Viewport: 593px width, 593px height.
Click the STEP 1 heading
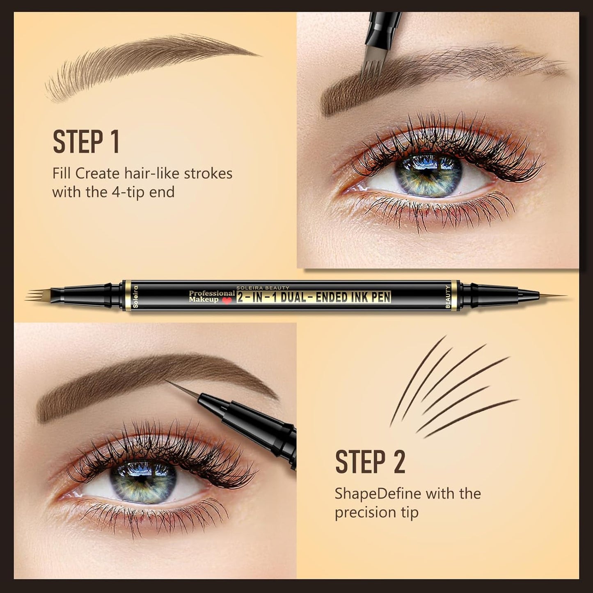point(86,142)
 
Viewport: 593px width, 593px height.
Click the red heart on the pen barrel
point(227,300)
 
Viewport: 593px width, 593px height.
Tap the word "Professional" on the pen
point(212,293)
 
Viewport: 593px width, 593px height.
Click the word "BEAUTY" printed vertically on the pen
point(448,296)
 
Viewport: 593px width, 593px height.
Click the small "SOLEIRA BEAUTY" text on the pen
point(263,288)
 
